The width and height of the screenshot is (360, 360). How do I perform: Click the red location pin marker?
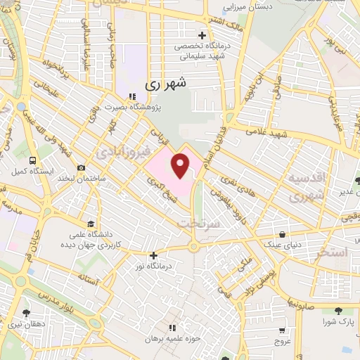(181, 166)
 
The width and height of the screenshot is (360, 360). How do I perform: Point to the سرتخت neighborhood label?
(198, 223)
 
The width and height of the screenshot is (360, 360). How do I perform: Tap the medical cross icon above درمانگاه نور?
(154, 256)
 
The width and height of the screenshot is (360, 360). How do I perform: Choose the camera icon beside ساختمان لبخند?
(82, 168)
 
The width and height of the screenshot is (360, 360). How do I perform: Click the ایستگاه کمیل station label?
(28, 171)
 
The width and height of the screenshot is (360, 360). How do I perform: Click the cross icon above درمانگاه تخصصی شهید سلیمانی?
(202, 35)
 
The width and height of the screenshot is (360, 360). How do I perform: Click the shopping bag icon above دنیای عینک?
(282, 235)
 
